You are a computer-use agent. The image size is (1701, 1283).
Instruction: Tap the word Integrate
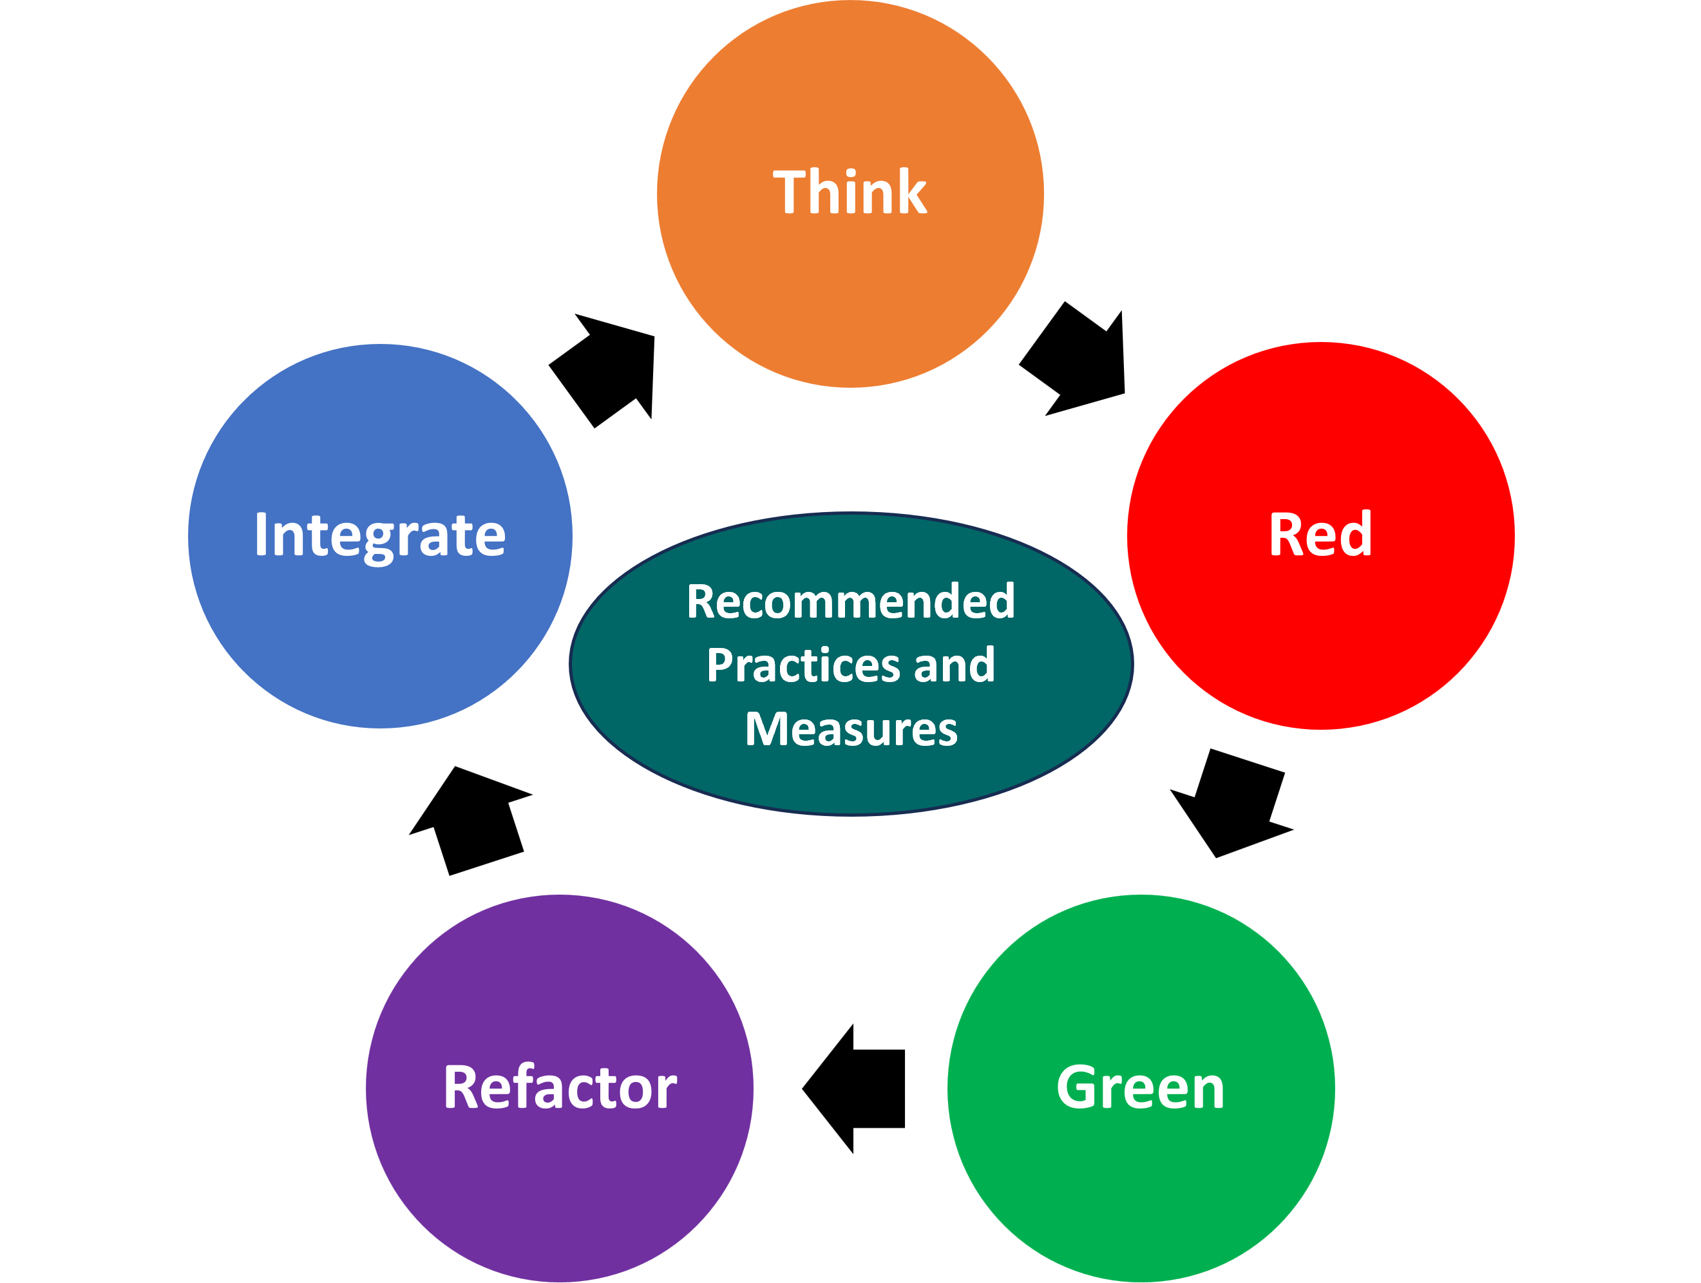pyautogui.click(x=380, y=535)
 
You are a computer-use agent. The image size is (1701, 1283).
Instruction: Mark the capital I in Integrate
pyautogui.click(x=261, y=535)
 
